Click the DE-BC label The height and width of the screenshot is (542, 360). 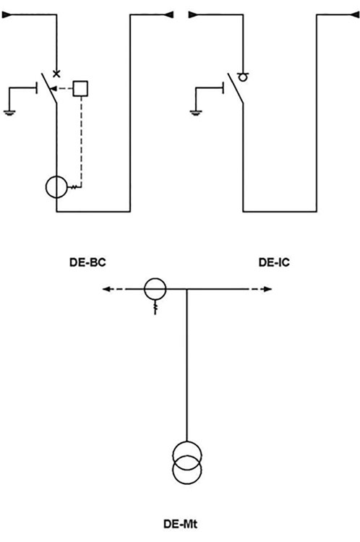pyautogui.click(x=87, y=262)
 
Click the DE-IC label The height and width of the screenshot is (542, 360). pyautogui.click(x=274, y=262)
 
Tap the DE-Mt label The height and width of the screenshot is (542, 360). pyautogui.click(x=180, y=525)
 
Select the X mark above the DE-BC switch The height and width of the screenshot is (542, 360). pyautogui.click(x=56, y=73)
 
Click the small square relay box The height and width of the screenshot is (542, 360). pyautogui.click(x=80, y=88)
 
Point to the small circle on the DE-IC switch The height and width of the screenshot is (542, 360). pyautogui.click(x=244, y=77)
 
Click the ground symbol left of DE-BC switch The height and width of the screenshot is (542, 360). pyautogui.click(x=9, y=112)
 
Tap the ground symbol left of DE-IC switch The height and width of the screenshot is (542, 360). pyautogui.click(x=196, y=112)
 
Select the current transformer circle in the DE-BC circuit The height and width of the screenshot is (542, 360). pyautogui.click(x=56, y=187)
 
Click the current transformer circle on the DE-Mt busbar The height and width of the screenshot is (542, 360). pyautogui.click(x=155, y=288)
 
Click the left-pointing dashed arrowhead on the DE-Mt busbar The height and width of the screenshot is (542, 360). pyautogui.click(x=106, y=289)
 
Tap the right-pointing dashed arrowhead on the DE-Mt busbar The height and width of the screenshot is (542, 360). pyautogui.click(x=268, y=289)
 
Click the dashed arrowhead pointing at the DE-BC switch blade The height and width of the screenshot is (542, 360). pyautogui.click(x=53, y=89)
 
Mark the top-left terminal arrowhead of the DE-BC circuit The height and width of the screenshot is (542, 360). pyautogui.click(x=7, y=15)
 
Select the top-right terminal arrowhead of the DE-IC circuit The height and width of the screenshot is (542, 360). pyautogui.click(x=355, y=15)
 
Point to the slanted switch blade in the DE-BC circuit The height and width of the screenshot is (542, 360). pyautogui.click(x=49, y=88)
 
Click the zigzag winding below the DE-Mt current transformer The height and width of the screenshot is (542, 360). pyautogui.click(x=155, y=307)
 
